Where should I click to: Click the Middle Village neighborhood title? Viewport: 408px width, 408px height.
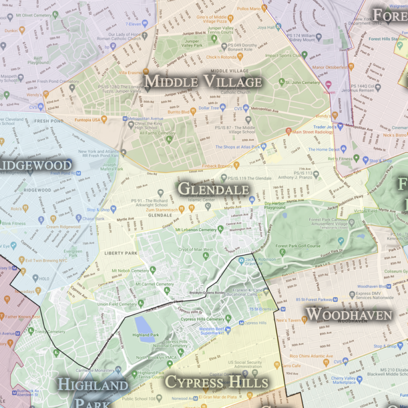(x=203, y=82)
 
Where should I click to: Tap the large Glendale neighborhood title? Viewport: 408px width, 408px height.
(x=214, y=189)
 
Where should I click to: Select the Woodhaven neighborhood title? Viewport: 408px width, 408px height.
(x=349, y=314)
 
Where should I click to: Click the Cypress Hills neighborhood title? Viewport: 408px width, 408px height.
(x=216, y=381)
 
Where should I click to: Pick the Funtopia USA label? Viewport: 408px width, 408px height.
(x=87, y=119)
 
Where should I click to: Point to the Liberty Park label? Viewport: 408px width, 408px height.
(x=121, y=253)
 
